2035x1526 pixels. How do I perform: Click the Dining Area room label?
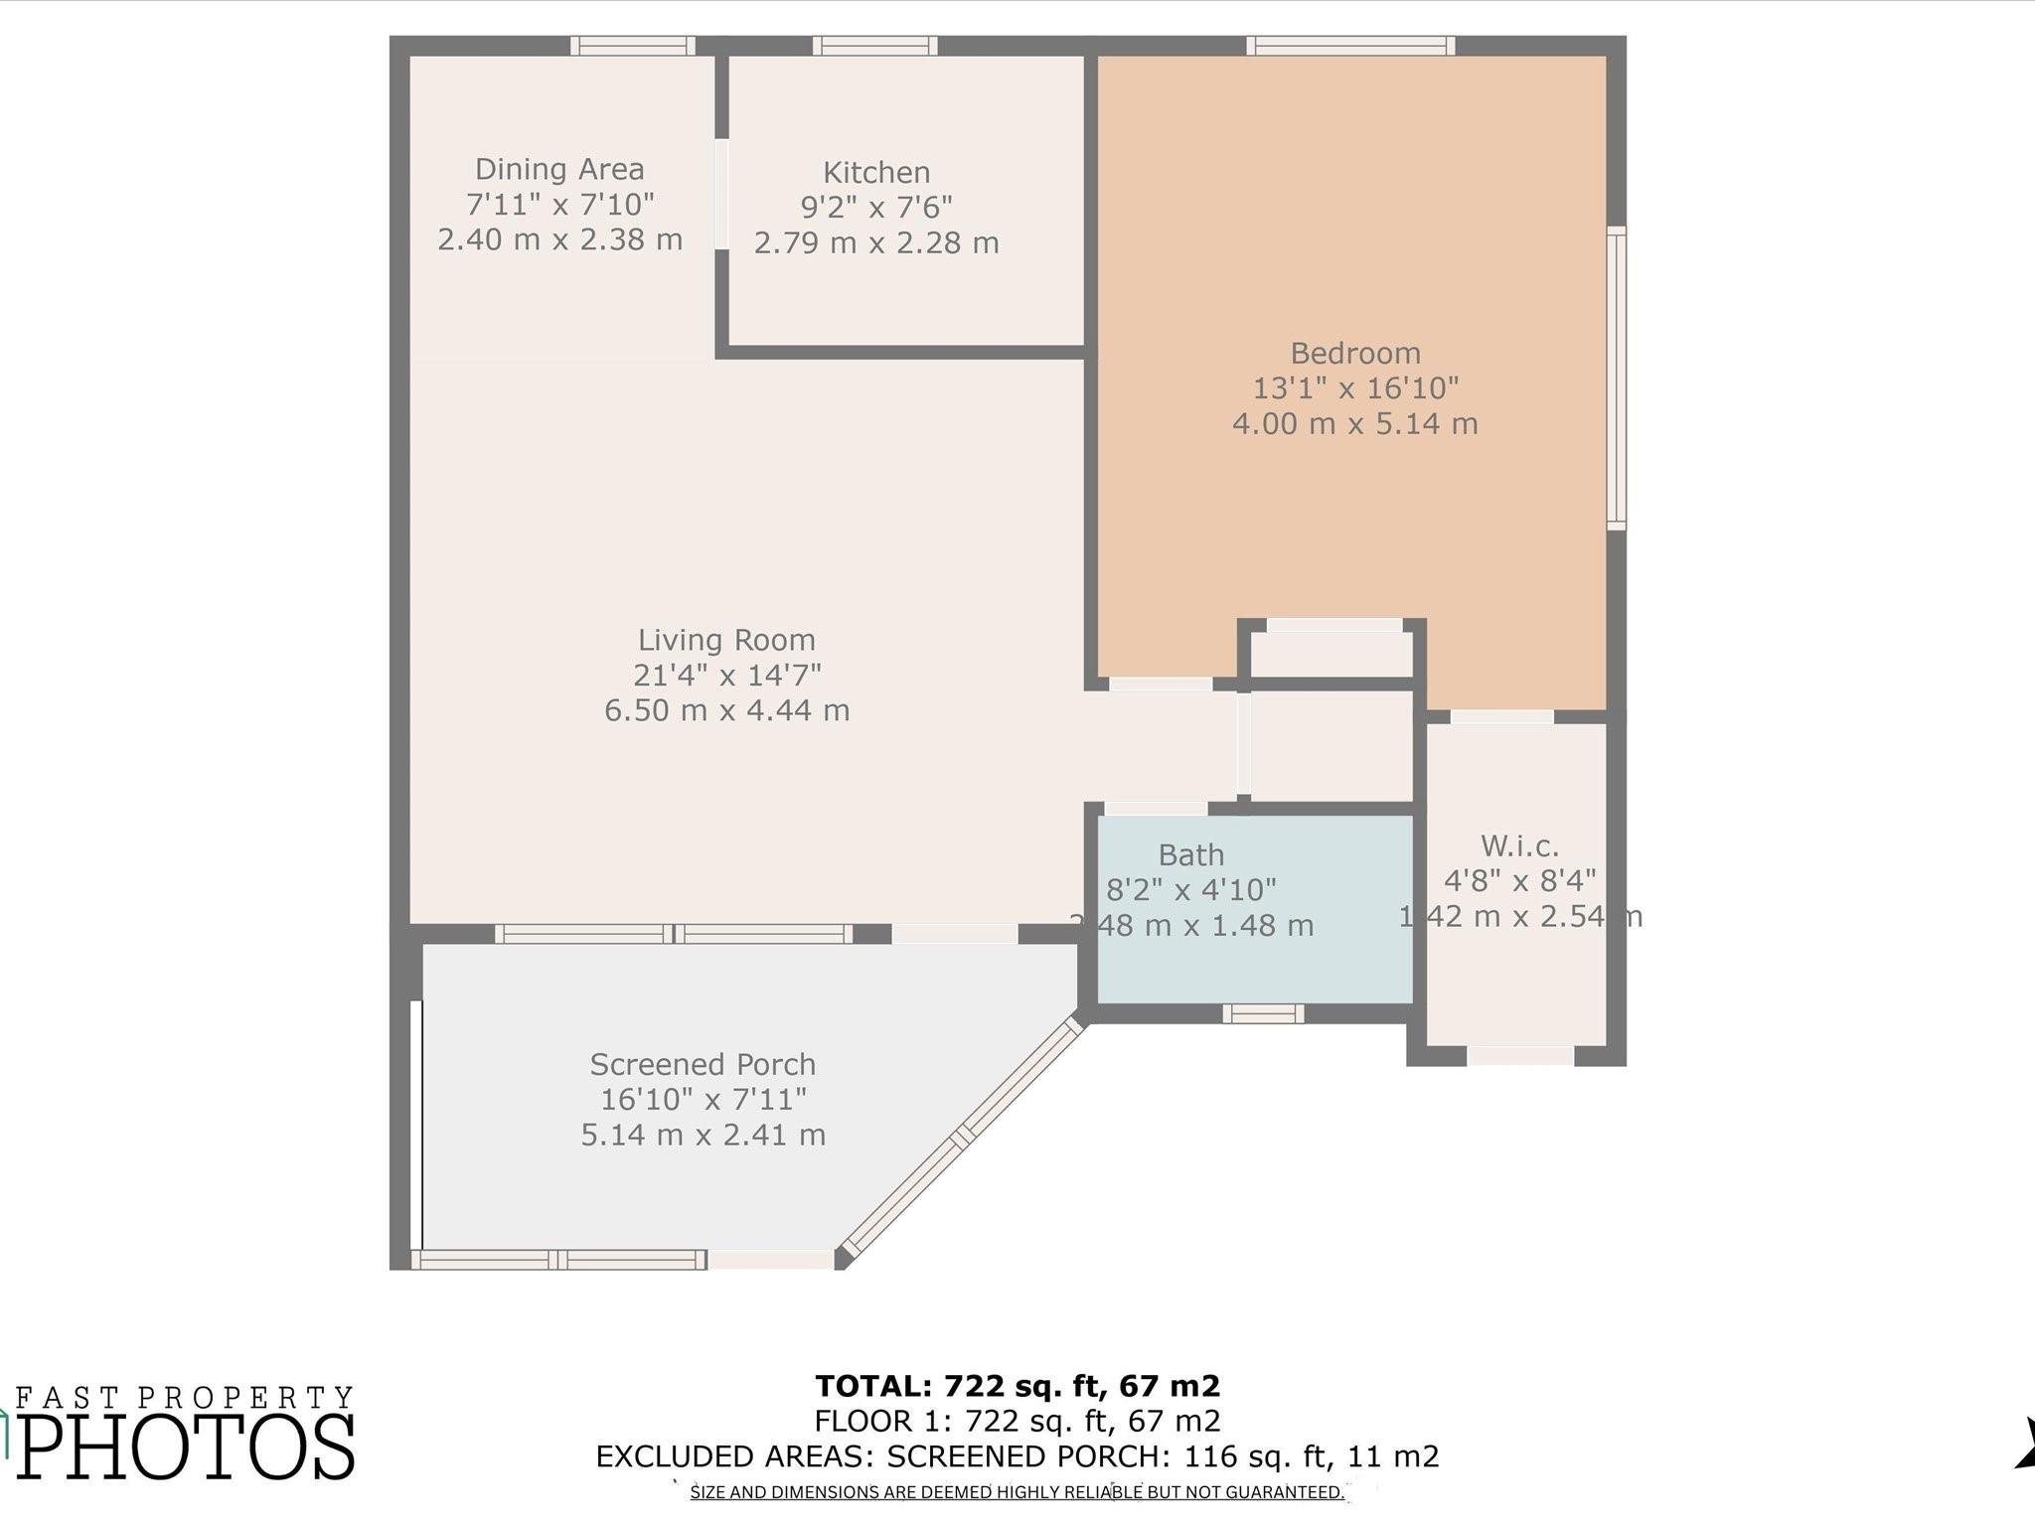tap(559, 169)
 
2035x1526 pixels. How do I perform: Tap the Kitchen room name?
tap(876, 173)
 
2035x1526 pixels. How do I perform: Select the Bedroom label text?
tap(1355, 353)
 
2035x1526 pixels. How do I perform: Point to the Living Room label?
tap(726, 640)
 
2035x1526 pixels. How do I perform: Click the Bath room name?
tap(1190, 854)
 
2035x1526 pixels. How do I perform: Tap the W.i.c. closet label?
tap(1519, 846)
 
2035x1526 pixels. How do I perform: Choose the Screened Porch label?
tap(703, 1064)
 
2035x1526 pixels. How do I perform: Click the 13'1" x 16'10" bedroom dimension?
tap(1355, 387)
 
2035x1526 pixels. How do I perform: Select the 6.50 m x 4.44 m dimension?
tap(726, 710)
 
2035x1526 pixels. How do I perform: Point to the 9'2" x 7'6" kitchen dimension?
tap(876, 208)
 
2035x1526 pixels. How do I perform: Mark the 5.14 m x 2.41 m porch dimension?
tap(703, 1135)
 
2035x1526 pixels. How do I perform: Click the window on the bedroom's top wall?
tap(1350, 46)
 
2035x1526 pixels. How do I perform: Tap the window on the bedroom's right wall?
tap(1617, 378)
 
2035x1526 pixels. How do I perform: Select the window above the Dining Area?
tap(633, 46)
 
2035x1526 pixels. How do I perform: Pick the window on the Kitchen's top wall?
tap(875, 46)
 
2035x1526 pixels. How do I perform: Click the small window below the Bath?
tap(1263, 1013)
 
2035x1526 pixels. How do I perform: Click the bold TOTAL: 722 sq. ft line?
tap(1017, 1385)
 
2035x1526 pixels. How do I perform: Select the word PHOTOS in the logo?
tap(186, 1446)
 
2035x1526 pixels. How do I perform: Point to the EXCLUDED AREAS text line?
tap(1017, 1456)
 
